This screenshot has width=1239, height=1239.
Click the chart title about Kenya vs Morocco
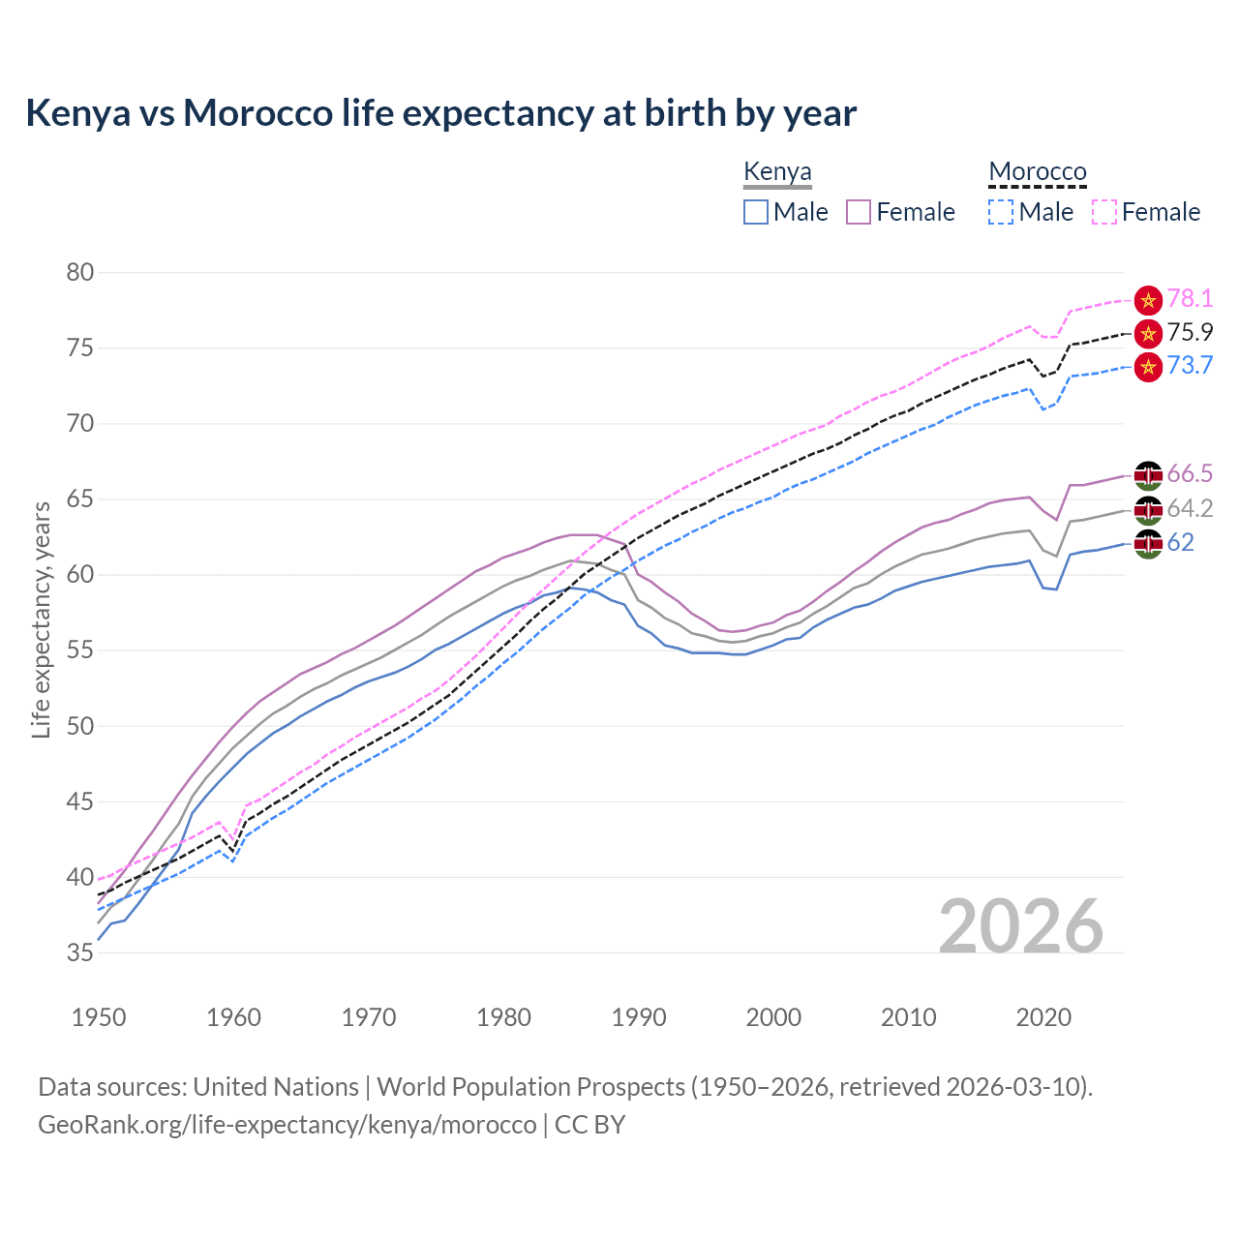point(441,113)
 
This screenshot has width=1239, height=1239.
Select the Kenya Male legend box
point(756,212)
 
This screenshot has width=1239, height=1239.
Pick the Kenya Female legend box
point(859,212)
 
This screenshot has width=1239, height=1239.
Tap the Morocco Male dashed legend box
point(1001,212)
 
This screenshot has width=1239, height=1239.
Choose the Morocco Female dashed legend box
point(1103,212)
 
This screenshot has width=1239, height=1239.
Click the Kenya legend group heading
point(777,172)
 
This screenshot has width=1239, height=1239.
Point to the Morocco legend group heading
point(1038,172)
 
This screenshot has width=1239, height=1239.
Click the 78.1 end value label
point(1190,299)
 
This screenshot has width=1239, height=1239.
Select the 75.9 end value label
point(1190,332)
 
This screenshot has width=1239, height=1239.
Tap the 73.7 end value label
point(1190,365)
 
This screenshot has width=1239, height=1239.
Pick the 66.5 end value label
point(1190,473)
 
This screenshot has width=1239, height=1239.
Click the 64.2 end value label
point(1190,508)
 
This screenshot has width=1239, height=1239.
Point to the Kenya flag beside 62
point(1148,543)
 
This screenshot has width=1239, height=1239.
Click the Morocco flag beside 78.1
point(1148,300)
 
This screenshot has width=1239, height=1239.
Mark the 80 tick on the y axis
point(80,272)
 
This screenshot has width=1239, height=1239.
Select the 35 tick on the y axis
point(80,953)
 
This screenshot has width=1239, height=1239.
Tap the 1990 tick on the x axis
point(639,1017)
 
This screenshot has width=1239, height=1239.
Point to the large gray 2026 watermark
point(1020,926)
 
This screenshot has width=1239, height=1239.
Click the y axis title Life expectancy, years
point(41,619)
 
